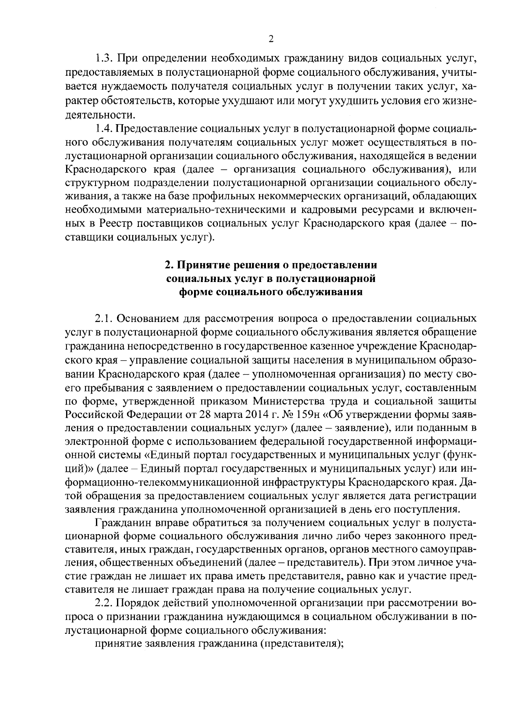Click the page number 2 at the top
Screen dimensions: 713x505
[x=271, y=39]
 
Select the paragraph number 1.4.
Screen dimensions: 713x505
[x=103, y=128]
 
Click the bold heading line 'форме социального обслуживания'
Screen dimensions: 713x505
[x=271, y=292]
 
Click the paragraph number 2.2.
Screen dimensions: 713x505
[x=103, y=603]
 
